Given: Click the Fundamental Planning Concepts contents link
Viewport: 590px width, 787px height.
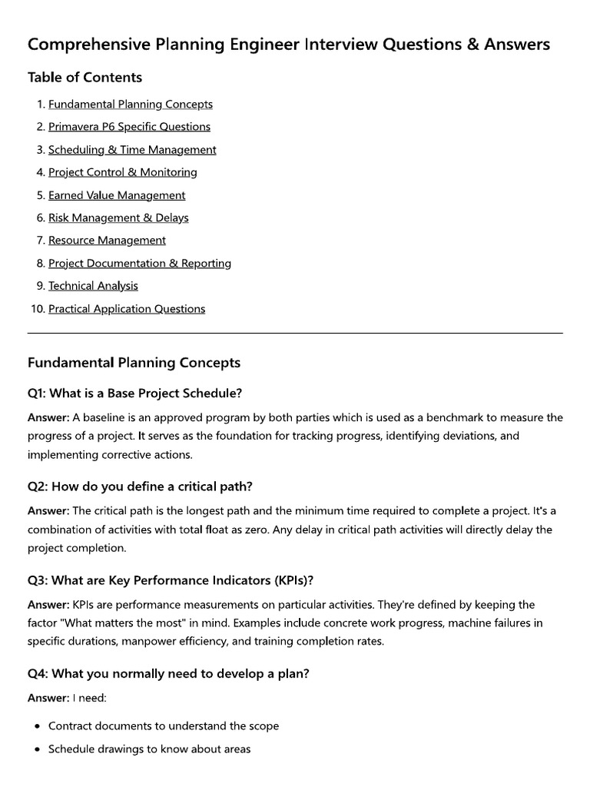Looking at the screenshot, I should pyautogui.click(x=130, y=104).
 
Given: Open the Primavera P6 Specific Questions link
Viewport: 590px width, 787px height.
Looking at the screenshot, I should pyautogui.click(x=129, y=127).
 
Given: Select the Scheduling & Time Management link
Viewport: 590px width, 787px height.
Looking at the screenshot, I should pyautogui.click(x=132, y=150).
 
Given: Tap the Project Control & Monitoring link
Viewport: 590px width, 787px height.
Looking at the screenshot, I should pyautogui.click(x=122, y=172).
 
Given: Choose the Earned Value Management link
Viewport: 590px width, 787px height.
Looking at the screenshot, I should pyautogui.click(x=117, y=195).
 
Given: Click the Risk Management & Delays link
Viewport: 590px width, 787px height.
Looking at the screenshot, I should pyautogui.click(x=118, y=218).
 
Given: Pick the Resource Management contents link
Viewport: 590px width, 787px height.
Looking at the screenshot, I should pyautogui.click(x=107, y=241).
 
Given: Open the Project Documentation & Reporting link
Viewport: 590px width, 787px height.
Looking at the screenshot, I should pyautogui.click(x=139, y=263).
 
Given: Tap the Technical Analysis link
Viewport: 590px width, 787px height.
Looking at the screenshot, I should pyautogui.click(x=93, y=286).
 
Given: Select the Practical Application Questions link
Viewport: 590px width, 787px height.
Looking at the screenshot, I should pyautogui.click(x=127, y=309).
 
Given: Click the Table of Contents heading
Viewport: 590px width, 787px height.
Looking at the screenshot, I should pyautogui.click(x=85, y=77).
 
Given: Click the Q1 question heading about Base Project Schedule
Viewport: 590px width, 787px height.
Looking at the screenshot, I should pyautogui.click(x=134, y=393).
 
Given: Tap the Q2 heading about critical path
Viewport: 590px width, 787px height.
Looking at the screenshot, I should pyautogui.click(x=140, y=486).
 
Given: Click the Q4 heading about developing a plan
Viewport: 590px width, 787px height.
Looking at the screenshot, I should pyautogui.click(x=168, y=673).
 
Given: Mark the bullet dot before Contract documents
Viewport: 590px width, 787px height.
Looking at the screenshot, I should pyautogui.click(x=38, y=726).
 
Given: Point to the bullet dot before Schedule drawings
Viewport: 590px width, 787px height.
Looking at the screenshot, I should pyautogui.click(x=38, y=749).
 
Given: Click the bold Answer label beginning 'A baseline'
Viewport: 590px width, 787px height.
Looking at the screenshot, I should pyautogui.click(x=48, y=417).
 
